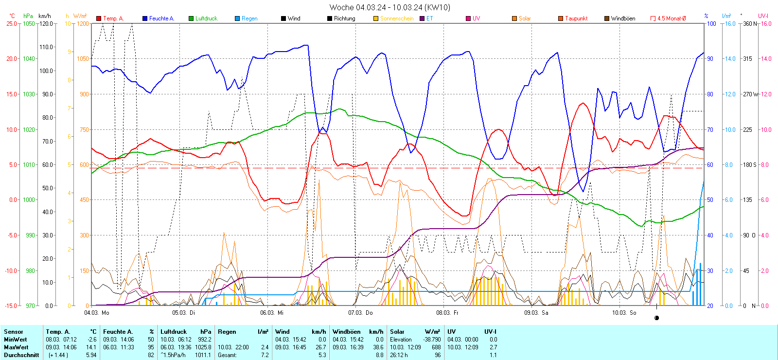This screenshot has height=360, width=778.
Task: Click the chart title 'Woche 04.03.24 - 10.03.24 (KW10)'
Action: [389, 7]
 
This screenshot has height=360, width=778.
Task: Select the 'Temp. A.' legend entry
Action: [113, 18]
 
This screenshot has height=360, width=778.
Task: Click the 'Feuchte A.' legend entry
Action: [161, 18]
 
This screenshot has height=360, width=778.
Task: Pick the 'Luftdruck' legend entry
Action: [206, 18]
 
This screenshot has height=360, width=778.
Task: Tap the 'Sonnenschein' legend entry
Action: [396, 18]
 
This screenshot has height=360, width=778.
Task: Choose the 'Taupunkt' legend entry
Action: [576, 18]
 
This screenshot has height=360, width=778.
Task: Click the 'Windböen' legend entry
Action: [623, 18]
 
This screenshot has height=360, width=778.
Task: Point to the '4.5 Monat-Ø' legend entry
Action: [672, 18]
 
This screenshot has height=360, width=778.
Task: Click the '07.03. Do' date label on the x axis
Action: [360, 313]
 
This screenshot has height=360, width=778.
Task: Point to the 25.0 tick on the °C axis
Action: [12, 23]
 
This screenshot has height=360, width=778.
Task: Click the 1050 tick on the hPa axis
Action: [29, 23]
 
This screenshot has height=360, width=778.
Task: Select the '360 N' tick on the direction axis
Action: [750, 23]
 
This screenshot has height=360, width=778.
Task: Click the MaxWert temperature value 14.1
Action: [91, 347]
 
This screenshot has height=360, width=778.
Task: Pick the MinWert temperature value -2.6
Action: [91, 340]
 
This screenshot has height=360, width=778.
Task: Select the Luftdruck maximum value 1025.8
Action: [204, 347]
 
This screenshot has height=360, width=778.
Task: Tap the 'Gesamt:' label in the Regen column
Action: [227, 355]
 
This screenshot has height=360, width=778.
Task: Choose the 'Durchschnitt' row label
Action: [21, 355]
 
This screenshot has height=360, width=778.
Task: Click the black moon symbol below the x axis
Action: [656, 318]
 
